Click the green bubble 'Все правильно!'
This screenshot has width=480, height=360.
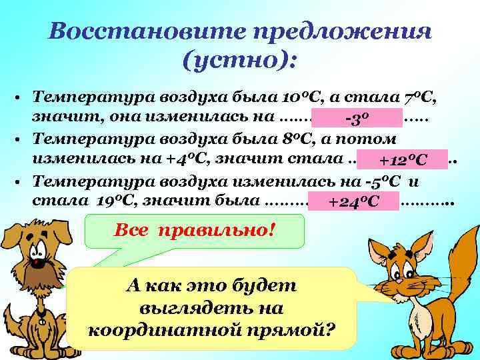[x=196, y=231]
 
